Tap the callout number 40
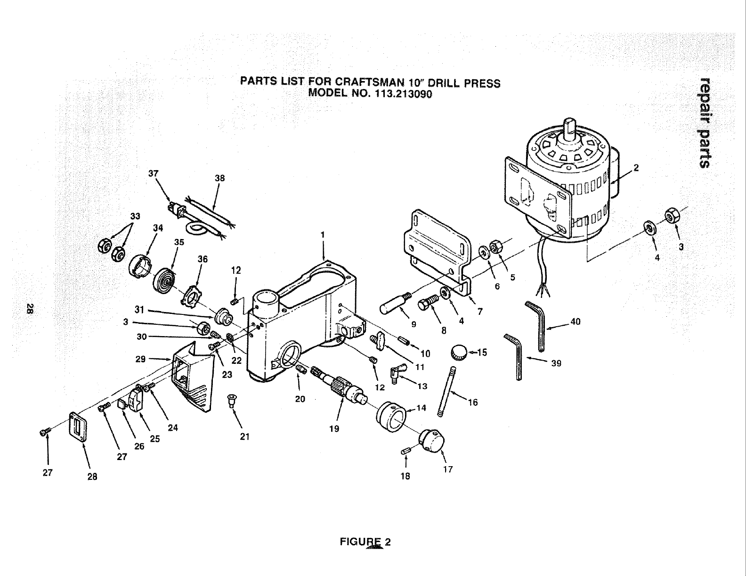[575, 322]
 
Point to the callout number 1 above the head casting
[323, 235]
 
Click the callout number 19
[334, 429]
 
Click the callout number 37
[153, 173]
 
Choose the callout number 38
[220, 178]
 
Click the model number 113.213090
[404, 93]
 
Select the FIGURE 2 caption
[365, 542]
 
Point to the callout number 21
[244, 436]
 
